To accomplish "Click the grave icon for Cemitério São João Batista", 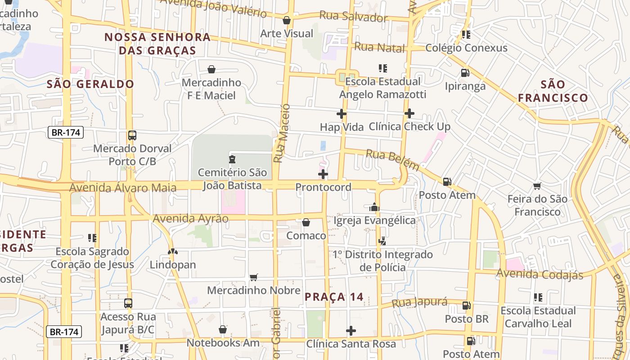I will [x=232, y=159].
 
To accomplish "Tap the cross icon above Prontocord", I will [x=323, y=174].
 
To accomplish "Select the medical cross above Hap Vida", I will [x=342, y=114].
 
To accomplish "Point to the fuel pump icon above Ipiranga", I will [x=465, y=73].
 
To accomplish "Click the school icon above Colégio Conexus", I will [x=466, y=34].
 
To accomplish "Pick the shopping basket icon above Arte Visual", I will [x=287, y=20].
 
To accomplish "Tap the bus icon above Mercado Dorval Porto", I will [x=132, y=135].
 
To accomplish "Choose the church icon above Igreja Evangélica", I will [x=374, y=207].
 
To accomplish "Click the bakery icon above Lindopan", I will [x=172, y=252].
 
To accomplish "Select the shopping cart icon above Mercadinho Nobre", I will [x=254, y=278].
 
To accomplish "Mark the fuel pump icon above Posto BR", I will [x=467, y=306].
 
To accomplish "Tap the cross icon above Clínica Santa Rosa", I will [x=351, y=331].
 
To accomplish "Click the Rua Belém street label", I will [x=392, y=160].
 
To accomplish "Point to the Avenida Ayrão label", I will [x=190, y=219].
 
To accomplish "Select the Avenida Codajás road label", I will [x=540, y=274].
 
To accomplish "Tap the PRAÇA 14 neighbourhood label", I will [x=334, y=297].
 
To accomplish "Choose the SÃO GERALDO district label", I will [x=90, y=84].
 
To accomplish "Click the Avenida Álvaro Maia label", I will [x=123, y=187].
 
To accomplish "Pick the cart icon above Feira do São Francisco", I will [x=537, y=186].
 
